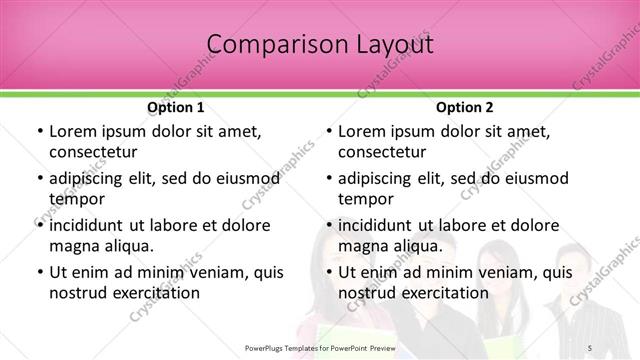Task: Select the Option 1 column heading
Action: [x=175, y=107]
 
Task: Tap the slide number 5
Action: [x=592, y=347]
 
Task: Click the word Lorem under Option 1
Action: [x=72, y=132]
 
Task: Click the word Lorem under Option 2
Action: [x=362, y=132]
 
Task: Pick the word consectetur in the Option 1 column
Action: [x=93, y=152]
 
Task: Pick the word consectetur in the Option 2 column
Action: [x=383, y=152]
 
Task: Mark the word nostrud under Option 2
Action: [x=370, y=292]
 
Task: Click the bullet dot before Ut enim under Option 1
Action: [x=38, y=273]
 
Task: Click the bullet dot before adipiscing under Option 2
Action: [x=328, y=180]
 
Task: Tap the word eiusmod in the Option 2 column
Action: [x=536, y=179]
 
